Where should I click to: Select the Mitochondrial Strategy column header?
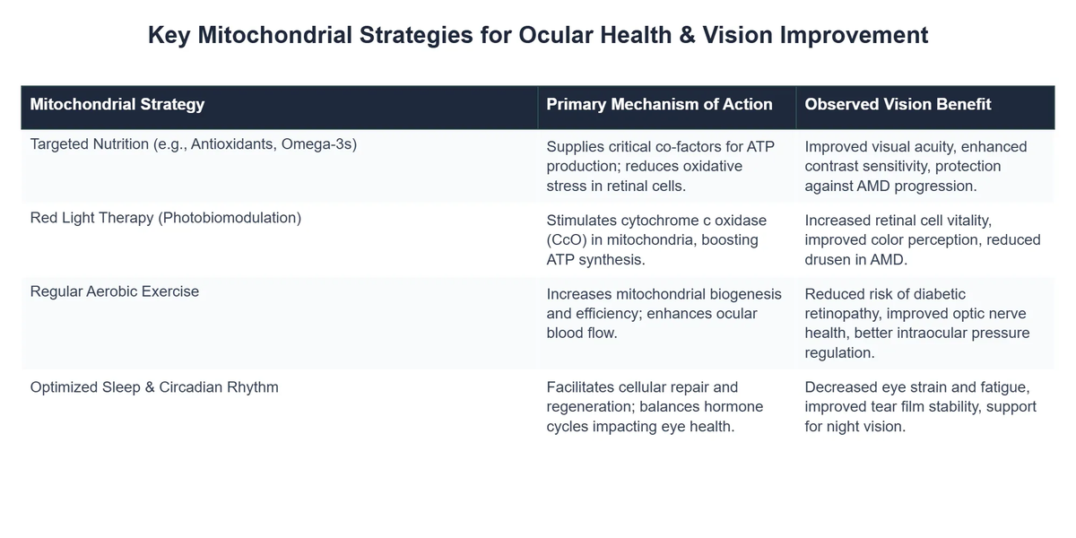[x=117, y=104]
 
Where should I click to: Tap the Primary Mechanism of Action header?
[x=659, y=104]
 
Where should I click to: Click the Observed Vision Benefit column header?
[x=898, y=104]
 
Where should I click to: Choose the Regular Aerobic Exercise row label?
[x=115, y=291]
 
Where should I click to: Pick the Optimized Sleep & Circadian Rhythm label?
[x=154, y=387]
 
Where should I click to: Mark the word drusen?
[x=829, y=259]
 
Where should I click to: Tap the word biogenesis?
[x=742, y=294]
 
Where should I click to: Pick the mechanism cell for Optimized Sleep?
[x=655, y=407]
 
